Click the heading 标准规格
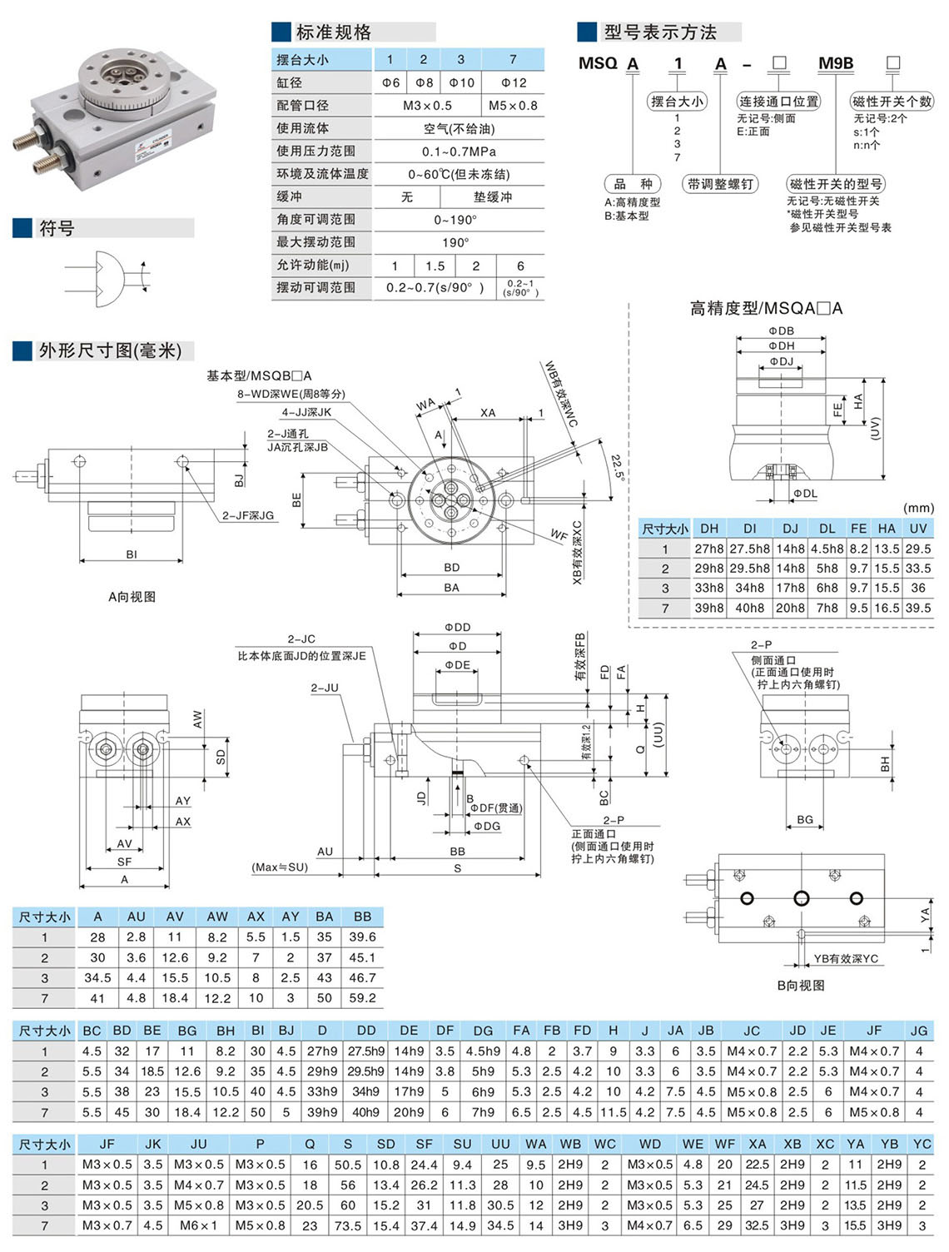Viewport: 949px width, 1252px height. tap(333, 32)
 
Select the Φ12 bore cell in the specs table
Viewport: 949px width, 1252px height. tap(514, 82)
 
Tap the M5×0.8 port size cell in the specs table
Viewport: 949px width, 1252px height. tap(513, 106)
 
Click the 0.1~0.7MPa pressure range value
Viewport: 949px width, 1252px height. tap(459, 152)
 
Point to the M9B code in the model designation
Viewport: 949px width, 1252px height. tap(836, 62)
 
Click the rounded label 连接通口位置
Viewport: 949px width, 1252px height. tap(778, 102)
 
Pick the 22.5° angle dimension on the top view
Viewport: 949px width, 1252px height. tap(618, 468)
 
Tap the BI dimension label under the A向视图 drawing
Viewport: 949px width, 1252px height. tap(132, 554)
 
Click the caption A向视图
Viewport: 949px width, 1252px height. tap(132, 597)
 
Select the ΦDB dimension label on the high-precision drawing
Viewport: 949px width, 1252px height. tap(781, 330)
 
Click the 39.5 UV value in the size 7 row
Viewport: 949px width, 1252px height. tap(917, 608)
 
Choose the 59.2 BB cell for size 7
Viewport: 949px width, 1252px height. tap(362, 998)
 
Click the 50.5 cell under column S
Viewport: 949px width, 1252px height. tap(347, 1165)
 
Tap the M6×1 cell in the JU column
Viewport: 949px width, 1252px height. tap(198, 1225)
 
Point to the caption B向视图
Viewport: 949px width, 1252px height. tap(801, 985)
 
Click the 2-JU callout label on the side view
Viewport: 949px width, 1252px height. tap(324, 688)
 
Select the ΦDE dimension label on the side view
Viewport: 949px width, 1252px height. tap(457, 665)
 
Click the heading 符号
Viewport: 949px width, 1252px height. tap(57, 228)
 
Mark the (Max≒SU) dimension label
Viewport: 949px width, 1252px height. tap(280, 867)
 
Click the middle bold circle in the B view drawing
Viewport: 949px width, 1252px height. tap(802, 898)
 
